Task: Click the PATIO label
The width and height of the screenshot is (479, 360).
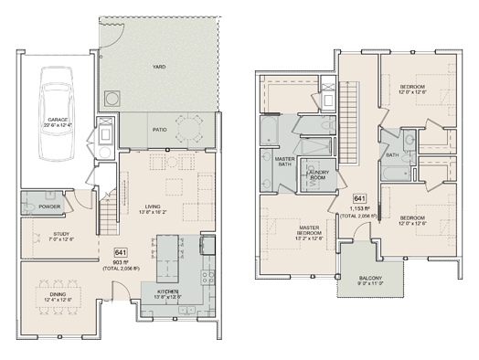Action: (x=160, y=131)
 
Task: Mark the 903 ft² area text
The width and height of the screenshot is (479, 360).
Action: (x=121, y=261)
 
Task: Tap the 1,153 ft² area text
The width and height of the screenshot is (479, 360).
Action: (x=360, y=207)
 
